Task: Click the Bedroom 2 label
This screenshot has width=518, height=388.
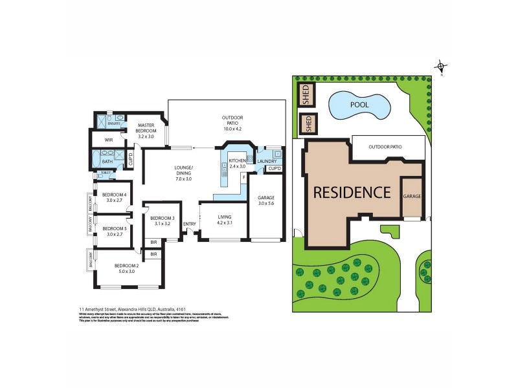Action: tap(127, 269)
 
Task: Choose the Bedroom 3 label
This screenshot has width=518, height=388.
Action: tap(159, 221)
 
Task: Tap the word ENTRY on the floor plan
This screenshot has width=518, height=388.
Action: tap(190, 224)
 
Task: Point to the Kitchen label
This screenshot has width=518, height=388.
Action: tap(238, 163)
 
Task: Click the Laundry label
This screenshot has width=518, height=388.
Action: tap(267, 162)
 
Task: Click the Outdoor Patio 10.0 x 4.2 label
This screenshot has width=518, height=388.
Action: tap(232, 124)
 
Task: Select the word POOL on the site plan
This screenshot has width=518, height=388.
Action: tap(360, 104)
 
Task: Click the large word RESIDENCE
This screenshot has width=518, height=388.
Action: tap(352, 192)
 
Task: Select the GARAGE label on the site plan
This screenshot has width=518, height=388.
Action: tap(412, 196)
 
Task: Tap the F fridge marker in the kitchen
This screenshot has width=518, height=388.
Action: tap(243, 177)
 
